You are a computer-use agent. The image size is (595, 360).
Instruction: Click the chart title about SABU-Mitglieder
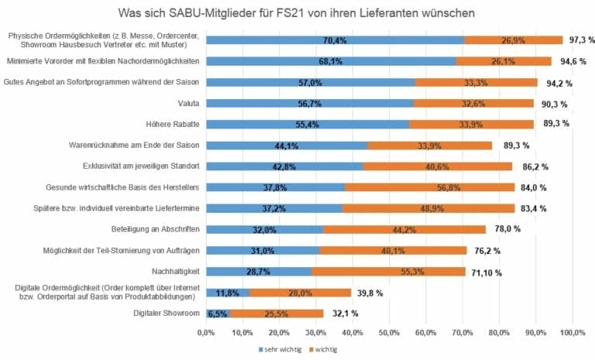(297, 13)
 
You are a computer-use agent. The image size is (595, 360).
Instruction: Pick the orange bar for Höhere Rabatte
(470, 124)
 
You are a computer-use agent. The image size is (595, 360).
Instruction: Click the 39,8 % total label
(369, 293)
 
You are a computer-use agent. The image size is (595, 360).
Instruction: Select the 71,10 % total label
(489, 272)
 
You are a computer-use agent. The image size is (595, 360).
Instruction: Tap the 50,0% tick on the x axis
(390, 332)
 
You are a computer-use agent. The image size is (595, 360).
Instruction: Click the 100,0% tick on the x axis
(573, 332)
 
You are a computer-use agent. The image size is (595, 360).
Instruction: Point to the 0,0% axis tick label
(206, 332)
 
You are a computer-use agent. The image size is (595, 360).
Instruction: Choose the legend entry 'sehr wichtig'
(280, 349)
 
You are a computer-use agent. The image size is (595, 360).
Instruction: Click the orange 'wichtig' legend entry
(324, 349)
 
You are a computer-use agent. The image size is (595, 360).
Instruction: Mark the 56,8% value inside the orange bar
(428, 187)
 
